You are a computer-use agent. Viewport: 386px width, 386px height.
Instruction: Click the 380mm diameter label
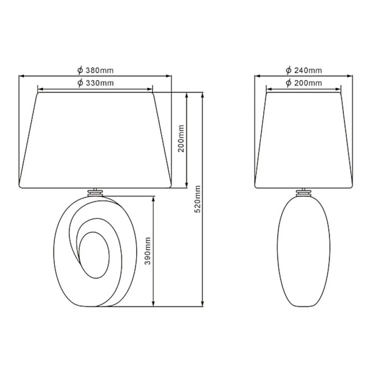[96, 70]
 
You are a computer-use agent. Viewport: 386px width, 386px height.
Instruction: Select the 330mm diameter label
[96, 83]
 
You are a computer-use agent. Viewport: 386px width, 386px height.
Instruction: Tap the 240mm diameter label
[304, 70]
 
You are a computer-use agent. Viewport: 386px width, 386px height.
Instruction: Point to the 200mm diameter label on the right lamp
[304, 83]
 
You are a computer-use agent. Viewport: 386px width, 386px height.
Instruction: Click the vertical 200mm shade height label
[181, 138]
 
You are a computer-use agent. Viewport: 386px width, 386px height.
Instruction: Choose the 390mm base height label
[148, 251]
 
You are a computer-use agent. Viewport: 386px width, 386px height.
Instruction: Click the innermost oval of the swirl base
[94, 255]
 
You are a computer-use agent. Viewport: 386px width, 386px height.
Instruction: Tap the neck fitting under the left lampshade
[95, 192]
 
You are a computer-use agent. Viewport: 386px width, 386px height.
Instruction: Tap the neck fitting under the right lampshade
[304, 192]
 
